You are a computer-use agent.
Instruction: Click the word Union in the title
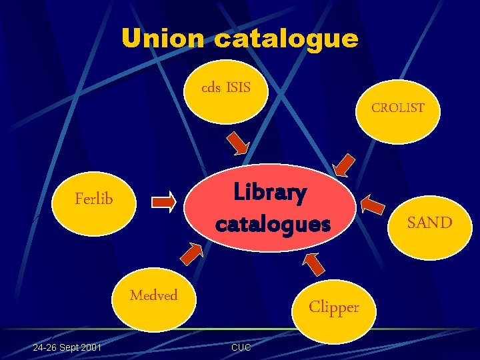click(x=163, y=38)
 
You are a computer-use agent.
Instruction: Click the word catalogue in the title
click(x=286, y=38)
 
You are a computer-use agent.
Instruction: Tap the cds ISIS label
click(x=226, y=87)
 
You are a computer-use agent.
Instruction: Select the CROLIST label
click(x=397, y=108)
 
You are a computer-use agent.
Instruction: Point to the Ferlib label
click(x=94, y=198)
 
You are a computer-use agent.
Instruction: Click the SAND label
click(x=429, y=223)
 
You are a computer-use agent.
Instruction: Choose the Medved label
click(x=153, y=295)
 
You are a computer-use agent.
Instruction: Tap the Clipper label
click(x=333, y=307)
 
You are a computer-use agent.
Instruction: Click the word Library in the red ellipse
click(x=270, y=193)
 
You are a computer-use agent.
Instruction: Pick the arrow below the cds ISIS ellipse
click(x=237, y=143)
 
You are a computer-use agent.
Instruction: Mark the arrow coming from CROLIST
click(x=344, y=165)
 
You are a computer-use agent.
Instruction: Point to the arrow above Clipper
click(x=313, y=263)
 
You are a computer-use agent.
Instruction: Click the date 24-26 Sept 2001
click(x=67, y=347)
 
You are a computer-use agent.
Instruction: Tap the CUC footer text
click(x=241, y=348)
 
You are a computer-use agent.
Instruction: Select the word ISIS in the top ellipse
click(x=238, y=87)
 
